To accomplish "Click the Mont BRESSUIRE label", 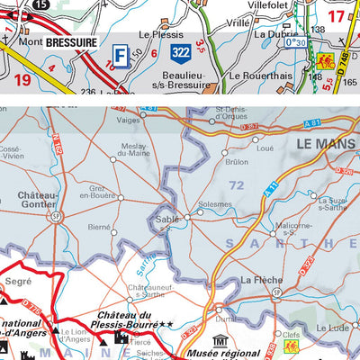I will point(55,40).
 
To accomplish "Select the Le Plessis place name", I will point(155,34).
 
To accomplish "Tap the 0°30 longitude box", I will point(294,42).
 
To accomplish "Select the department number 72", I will point(237,184).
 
